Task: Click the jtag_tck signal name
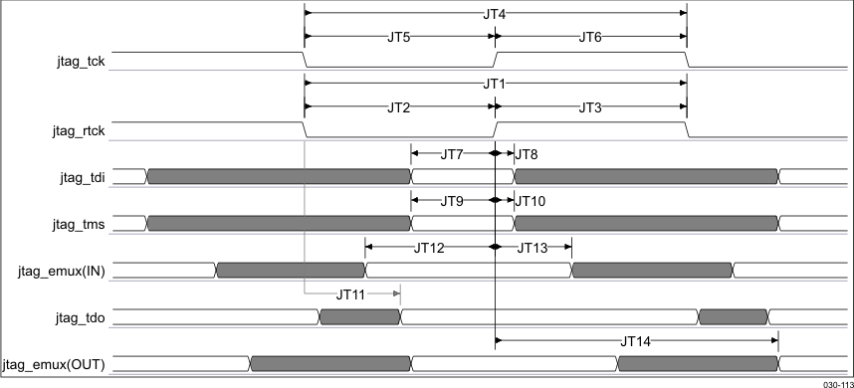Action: pos(83,62)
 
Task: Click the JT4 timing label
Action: pos(495,13)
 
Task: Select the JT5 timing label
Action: pos(399,37)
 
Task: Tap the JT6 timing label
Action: pos(590,37)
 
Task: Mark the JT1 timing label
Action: pos(495,84)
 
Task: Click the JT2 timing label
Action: pos(399,106)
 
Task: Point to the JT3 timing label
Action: pos(590,106)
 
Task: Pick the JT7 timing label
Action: pos(452,153)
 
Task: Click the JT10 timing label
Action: pos(530,200)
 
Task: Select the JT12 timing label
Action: pos(429,247)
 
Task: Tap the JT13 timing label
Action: pos(532,247)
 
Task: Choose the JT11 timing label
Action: pos(351,293)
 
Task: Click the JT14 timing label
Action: pos(635,340)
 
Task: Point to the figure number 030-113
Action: pos(836,382)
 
